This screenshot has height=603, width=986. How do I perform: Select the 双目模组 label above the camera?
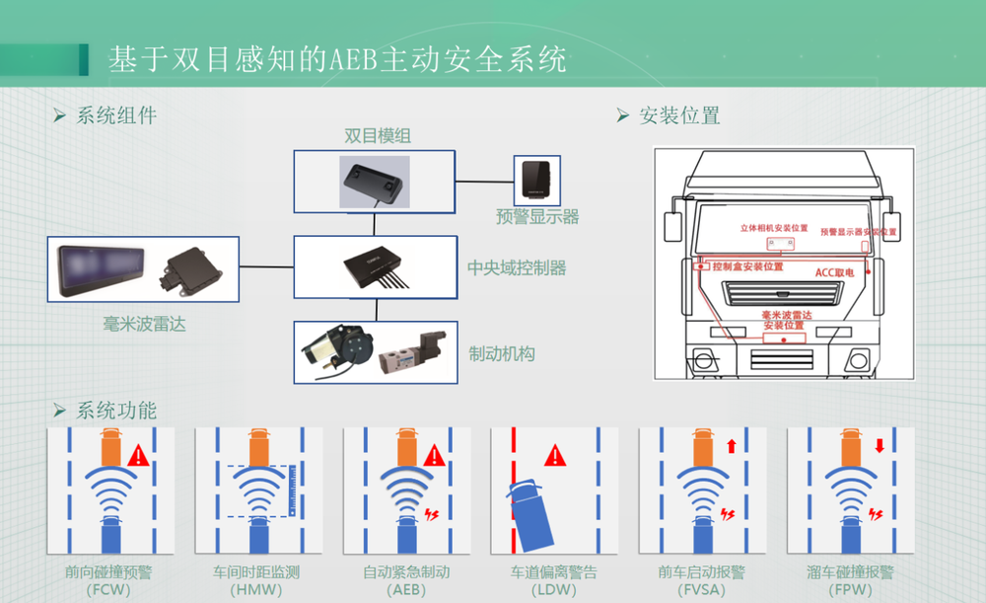click(378, 136)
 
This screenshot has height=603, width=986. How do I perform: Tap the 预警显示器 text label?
click(537, 217)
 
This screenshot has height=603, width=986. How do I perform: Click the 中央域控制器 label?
click(517, 267)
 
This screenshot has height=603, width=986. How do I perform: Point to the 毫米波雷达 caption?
click(144, 324)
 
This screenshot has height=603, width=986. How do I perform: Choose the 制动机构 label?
click(502, 353)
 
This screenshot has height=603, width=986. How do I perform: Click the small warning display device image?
click(537, 180)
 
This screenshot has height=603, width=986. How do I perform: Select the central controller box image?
click(375, 267)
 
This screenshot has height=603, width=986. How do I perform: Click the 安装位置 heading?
click(679, 115)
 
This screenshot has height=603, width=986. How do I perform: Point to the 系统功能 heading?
click(116, 410)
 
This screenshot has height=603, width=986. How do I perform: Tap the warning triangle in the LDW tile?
click(555, 455)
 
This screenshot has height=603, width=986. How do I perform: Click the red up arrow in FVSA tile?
click(731, 446)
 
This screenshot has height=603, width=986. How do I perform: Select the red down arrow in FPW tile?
click(879, 446)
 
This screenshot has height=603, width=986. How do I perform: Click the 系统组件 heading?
click(116, 115)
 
